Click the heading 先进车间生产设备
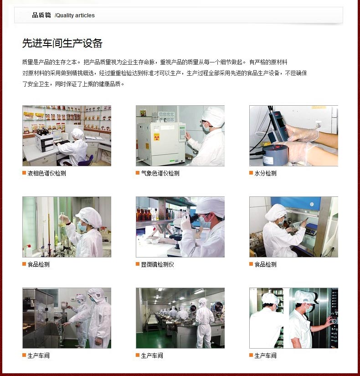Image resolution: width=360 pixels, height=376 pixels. coord(62,43)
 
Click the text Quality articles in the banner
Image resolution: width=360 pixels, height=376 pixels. coord(75,15)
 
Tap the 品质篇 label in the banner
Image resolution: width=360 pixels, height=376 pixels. coord(41,15)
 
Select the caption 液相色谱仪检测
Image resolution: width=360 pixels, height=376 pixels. coord(46,173)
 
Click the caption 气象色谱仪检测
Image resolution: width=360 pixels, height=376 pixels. coord(160,173)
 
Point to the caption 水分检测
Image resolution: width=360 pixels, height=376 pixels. coord(265,173)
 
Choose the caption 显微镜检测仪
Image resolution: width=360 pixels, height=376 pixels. coord(157,264)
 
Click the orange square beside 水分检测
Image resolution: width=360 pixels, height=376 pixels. coord(251,173)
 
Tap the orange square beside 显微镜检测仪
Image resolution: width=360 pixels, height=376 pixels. coord(138,264)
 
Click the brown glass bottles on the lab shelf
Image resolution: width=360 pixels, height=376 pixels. coord(144,214)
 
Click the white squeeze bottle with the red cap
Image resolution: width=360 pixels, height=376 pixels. coord(29,251)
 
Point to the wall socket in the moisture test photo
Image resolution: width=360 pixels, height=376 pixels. coord(319,125)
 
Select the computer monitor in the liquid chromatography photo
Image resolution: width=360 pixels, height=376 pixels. coord(57,135)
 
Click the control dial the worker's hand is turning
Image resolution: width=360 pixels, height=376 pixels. coord(333,320)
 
